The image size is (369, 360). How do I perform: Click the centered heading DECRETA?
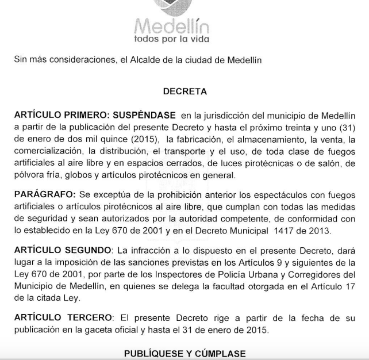[x=184, y=91]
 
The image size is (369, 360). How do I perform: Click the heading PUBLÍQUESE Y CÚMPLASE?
[x=184, y=354]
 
